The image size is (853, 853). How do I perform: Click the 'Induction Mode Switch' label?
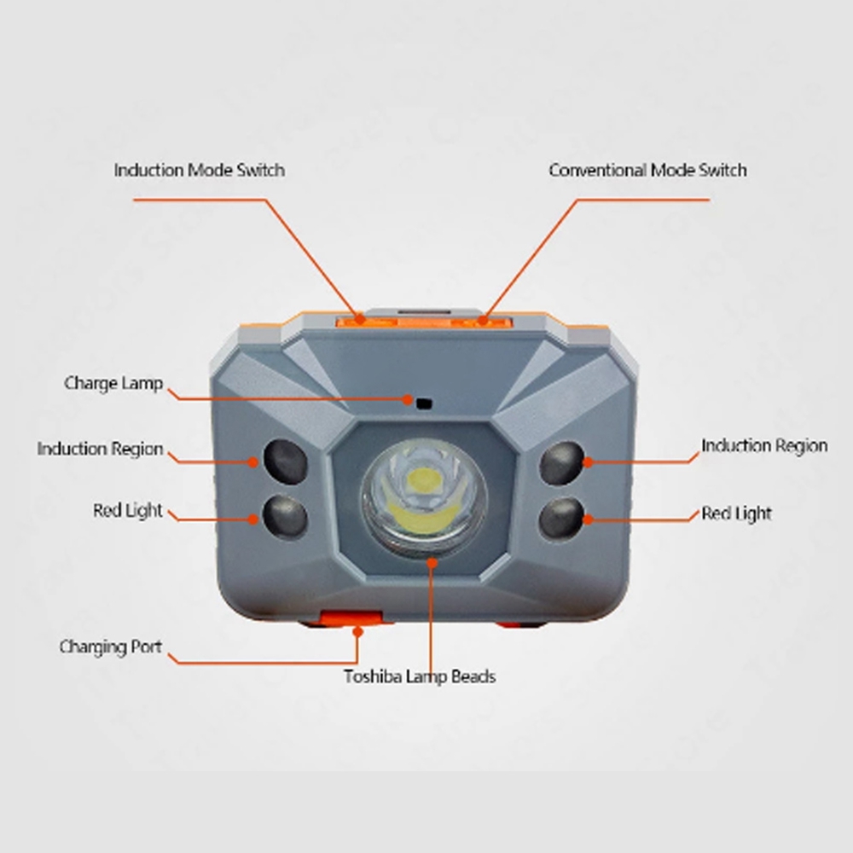tap(199, 171)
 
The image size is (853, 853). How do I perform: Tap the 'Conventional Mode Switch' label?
tap(647, 171)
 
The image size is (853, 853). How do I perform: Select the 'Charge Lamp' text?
tap(113, 384)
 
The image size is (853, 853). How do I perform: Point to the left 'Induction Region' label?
tap(100, 450)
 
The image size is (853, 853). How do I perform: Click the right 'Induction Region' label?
tap(764, 446)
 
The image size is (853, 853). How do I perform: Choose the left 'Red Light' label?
tap(128, 511)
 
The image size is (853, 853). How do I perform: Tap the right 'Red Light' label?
tap(736, 514)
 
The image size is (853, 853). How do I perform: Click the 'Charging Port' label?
tap(110, 647)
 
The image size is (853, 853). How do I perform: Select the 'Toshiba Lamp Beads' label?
tap(420, 676)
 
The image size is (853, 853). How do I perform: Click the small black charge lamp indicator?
tap(424, 403)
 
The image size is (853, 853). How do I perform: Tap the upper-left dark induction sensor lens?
tap(286, 461)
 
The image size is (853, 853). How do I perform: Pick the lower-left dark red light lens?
tap(285, 516)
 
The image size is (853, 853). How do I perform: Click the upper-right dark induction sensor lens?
tap(562, 463)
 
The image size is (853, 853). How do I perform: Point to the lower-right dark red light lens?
tap(561, 519)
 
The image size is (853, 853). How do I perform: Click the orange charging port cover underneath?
tap(351, 618)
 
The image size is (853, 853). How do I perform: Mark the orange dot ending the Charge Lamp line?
tap(408, 400)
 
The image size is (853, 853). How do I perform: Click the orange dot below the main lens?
tap(432, 562)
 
